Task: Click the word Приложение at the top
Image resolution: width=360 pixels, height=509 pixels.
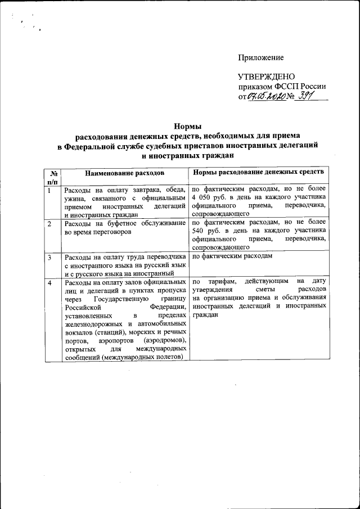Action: [x=261, y=58]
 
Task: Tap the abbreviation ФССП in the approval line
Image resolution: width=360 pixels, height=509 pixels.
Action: [x=287, y=87]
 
